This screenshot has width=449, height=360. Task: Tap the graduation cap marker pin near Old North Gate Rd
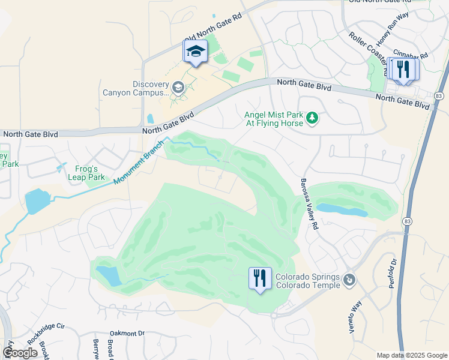pyautogui.click(x=195, y=52)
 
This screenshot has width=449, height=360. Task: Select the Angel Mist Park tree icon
pyautogui.click(x=312, y=117)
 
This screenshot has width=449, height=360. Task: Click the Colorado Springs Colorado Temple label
pyautogui.click(x=308, y=281)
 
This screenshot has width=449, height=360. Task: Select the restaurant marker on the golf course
pyautogui.click(x=260, y=279)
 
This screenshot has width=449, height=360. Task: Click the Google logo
pyautogui.click(x=20, y=353)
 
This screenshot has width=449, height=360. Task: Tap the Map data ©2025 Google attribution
pyautogui.click(x=412, y=355)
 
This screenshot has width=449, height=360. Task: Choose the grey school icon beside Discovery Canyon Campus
pyautogui.click(x=178, y=88)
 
